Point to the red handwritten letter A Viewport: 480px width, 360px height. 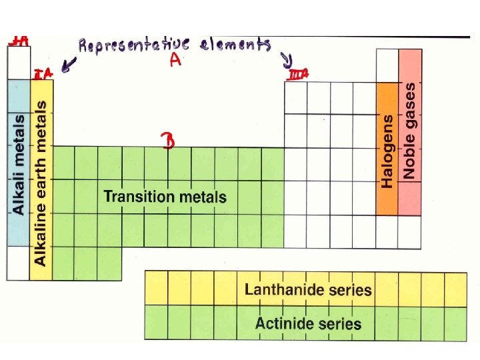click(175, 61)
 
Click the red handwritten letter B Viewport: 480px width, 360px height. click(169, 141)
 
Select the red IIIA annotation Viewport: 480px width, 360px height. click(298, 75)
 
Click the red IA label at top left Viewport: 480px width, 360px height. click(18, 41)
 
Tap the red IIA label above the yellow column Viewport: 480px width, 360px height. click(43, 72)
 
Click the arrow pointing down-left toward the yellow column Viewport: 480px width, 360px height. click(68, 65)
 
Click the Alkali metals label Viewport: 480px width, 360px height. click(19, 164)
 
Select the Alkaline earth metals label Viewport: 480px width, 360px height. click(41, 183)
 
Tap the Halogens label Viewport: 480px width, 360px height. click(387, 151)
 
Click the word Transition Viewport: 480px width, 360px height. click(137, 197)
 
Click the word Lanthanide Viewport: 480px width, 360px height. click(283, 289)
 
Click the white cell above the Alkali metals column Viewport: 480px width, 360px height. click(18, 63)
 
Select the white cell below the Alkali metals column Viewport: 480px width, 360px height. click(18, 263)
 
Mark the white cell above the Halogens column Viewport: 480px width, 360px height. click(387, 65)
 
